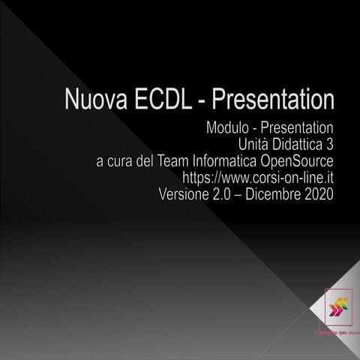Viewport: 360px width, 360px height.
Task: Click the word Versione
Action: coord(185,194)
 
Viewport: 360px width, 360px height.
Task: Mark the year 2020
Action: coord(319,194)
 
